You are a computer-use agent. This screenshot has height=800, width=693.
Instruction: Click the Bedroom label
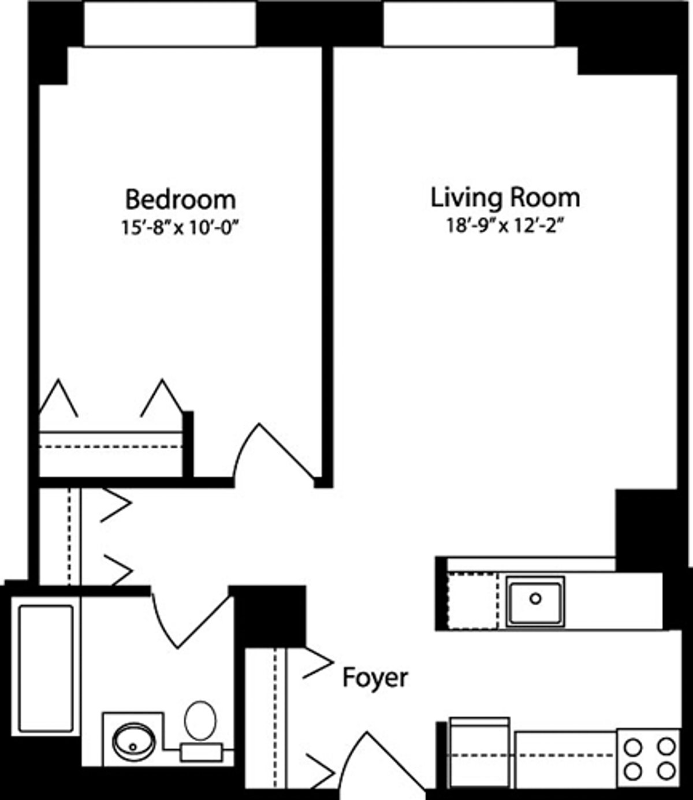pos(180,199)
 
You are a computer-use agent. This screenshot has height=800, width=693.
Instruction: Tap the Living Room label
pos(505,197)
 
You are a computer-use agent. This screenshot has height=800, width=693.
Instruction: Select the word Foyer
pos(375,678)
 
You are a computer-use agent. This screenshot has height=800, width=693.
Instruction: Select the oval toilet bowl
pos(200,720)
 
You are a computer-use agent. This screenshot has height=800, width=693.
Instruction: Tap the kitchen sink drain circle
pos(535,599)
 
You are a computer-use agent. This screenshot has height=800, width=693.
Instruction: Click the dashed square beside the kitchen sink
pos(473,601)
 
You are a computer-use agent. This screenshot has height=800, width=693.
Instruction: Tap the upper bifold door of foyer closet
pos(318,661)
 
